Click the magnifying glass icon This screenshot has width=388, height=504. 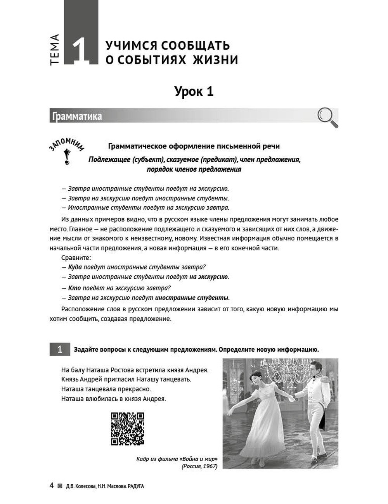tap(327, 117)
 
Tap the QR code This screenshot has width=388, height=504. tap(127, 428)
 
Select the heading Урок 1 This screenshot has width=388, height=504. tap(194, 92)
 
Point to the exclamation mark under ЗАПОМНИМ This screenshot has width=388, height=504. tap(67, 157)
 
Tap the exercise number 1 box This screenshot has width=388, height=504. tap(59, 349)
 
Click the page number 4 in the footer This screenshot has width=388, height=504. tap(51, 486)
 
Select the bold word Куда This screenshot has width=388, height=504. tap(74, 267)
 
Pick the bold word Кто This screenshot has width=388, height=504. tap(74, 288)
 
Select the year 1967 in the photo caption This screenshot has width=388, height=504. tap(209, 466)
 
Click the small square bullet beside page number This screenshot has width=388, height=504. tap(59, 486)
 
